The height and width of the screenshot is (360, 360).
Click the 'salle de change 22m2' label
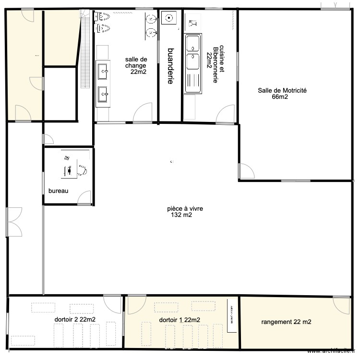point(135,65)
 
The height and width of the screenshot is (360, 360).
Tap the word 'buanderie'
point(170,66)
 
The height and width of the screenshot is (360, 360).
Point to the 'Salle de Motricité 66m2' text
point(282,93)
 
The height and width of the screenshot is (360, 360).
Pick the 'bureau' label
point(58,191)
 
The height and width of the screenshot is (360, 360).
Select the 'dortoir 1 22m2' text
point(179,320)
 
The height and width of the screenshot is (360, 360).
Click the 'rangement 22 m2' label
point(286,322)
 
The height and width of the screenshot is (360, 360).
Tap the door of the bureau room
point(84,198)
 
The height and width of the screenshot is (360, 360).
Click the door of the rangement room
point(342,305)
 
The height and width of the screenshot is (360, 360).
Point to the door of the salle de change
point(143,113)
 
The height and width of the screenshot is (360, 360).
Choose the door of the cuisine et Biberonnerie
point(225,114)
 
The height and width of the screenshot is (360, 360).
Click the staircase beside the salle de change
point(85,48)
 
